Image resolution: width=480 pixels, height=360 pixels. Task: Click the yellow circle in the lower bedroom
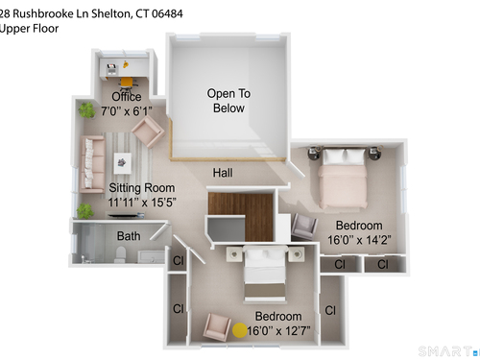pos(239,330)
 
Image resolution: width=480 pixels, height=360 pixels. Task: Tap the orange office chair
pos(127,83)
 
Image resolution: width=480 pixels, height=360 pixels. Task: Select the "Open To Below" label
pos(228,101)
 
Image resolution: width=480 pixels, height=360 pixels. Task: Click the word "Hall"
pos(223,173)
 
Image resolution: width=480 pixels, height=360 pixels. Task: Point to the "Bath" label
pos(129,236)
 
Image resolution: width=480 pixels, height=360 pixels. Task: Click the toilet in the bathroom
pos(120,254)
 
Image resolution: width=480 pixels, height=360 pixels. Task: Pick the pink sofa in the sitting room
pos(92,164)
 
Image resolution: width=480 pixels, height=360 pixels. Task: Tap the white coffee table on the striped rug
pos(123,163)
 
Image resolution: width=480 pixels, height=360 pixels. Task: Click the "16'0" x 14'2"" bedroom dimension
pos(359,240)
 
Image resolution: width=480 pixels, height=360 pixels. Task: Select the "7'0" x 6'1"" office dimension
pos(127,111)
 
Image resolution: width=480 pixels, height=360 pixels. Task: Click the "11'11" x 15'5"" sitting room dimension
pos(142,203)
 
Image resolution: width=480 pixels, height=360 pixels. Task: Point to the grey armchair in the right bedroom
pos(304,227)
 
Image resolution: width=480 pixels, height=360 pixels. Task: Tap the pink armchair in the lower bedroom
pos(217,327)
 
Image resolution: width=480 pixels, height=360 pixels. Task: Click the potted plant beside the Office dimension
pos(86,110)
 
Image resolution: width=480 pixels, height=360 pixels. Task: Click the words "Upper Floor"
pos(29,29)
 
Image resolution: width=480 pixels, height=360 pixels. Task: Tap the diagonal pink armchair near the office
pos(148,131)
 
